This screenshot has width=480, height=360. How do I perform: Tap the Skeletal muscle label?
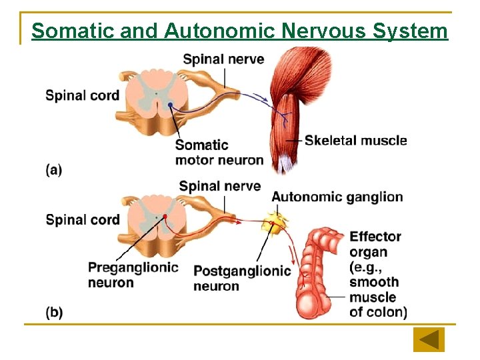(355, 140)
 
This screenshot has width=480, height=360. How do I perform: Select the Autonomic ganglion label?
(337, 197)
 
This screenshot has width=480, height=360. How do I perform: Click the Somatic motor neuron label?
(219, 153)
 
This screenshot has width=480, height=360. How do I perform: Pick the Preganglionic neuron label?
(133, 275)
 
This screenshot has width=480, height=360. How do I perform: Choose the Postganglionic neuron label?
(242, 278)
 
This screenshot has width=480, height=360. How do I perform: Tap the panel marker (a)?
(54, 170)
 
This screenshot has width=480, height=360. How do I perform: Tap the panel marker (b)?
(54, 312)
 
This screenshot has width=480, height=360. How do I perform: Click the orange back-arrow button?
(429, 340)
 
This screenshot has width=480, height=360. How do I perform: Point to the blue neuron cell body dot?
(171, 105)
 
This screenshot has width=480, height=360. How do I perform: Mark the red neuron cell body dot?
(164, 217)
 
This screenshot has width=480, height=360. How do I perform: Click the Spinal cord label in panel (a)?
(82, 95)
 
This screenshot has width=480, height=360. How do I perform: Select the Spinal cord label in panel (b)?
(83, 219)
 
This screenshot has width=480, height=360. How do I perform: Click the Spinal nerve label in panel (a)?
(223, 59)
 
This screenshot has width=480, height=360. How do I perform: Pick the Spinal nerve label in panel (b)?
(220, 185)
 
